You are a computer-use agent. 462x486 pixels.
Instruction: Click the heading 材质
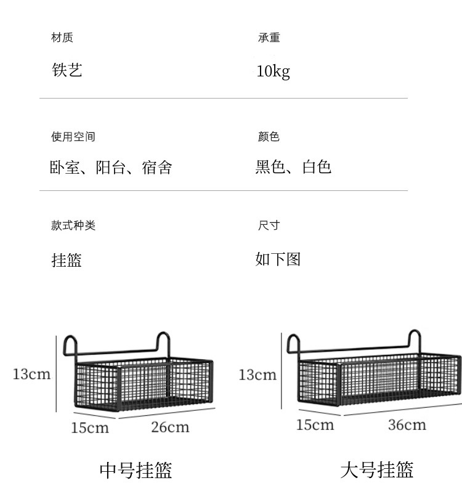pyautogui.click(x=62, y=38)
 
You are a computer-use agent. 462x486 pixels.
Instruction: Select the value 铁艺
pyautogui.click(x=67, y=70)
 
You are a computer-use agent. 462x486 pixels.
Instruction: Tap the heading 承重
pyautogui.click(x=269, y=38)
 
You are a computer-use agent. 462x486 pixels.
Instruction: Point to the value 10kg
pyautogui.click(x=273, y=71)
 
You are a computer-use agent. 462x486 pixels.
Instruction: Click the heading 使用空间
pyautogui.click(x=73, y=137)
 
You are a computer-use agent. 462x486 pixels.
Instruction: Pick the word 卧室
pyautogui.click(x=65, y=167)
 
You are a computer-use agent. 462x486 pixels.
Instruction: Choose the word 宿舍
pyautogui.click(x=157, y=167)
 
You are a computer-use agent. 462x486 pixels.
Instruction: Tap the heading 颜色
pyautogui.click(x=269, y=137)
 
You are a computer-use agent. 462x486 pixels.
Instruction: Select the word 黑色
pyautogui.click(x=270, y=166)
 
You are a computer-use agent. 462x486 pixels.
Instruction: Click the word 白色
pyautogui.click(x=317, y=166)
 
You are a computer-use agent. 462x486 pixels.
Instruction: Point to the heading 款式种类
pyautogui.click(x=73, y=225)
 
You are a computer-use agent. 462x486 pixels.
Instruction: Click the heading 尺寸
pyautogui.click(x=269, y=225)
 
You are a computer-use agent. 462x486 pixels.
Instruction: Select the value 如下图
pyautogui.click(x=278, y=259)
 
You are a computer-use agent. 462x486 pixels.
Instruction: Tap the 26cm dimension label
pyautogui.click(x=170, y=427)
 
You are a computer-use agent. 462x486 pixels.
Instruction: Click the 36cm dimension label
pyautogui.click(x=407, y=424)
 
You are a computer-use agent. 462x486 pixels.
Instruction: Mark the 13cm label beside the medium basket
pyautogui.click(x=31, y=374)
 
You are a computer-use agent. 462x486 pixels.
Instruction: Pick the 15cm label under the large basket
pyautogui.click(x=315, y=424)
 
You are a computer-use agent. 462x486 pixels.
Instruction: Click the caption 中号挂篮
pyautogui.click(x=136, y=470)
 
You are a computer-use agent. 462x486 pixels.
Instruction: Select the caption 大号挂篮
pyautogui.click(x=376, y=470)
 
